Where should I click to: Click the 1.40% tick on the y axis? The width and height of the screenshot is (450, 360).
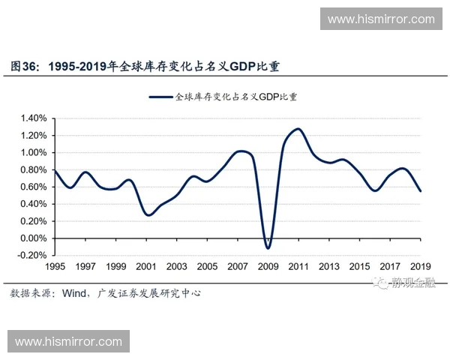[34, 118]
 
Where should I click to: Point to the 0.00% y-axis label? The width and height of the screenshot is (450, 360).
[34, 238]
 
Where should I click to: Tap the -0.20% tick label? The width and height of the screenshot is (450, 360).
[33, 256]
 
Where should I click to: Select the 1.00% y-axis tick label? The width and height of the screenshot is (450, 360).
[34, 153]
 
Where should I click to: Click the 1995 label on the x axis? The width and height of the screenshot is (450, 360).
[55, 267]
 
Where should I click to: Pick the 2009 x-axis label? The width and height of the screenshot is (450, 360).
[268, 267]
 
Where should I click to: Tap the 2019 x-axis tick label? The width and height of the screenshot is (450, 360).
[420, 267]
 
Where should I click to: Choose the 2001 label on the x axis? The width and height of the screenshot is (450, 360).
[146, 267]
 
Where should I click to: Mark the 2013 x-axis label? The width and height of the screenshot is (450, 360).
[328, 267]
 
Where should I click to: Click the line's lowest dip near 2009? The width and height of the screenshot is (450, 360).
[268, 247]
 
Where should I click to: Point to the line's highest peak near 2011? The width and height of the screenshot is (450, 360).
[298, 129]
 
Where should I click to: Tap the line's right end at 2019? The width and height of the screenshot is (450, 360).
[421, 191]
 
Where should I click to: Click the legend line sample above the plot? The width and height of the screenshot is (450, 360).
[160, 97]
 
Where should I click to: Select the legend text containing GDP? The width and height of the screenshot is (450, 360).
[236, 97]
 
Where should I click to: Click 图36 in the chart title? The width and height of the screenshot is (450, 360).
[25, 67]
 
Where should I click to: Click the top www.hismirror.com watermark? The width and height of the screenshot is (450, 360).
[381, 19]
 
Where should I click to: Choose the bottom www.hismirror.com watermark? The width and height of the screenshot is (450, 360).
[68, 341]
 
